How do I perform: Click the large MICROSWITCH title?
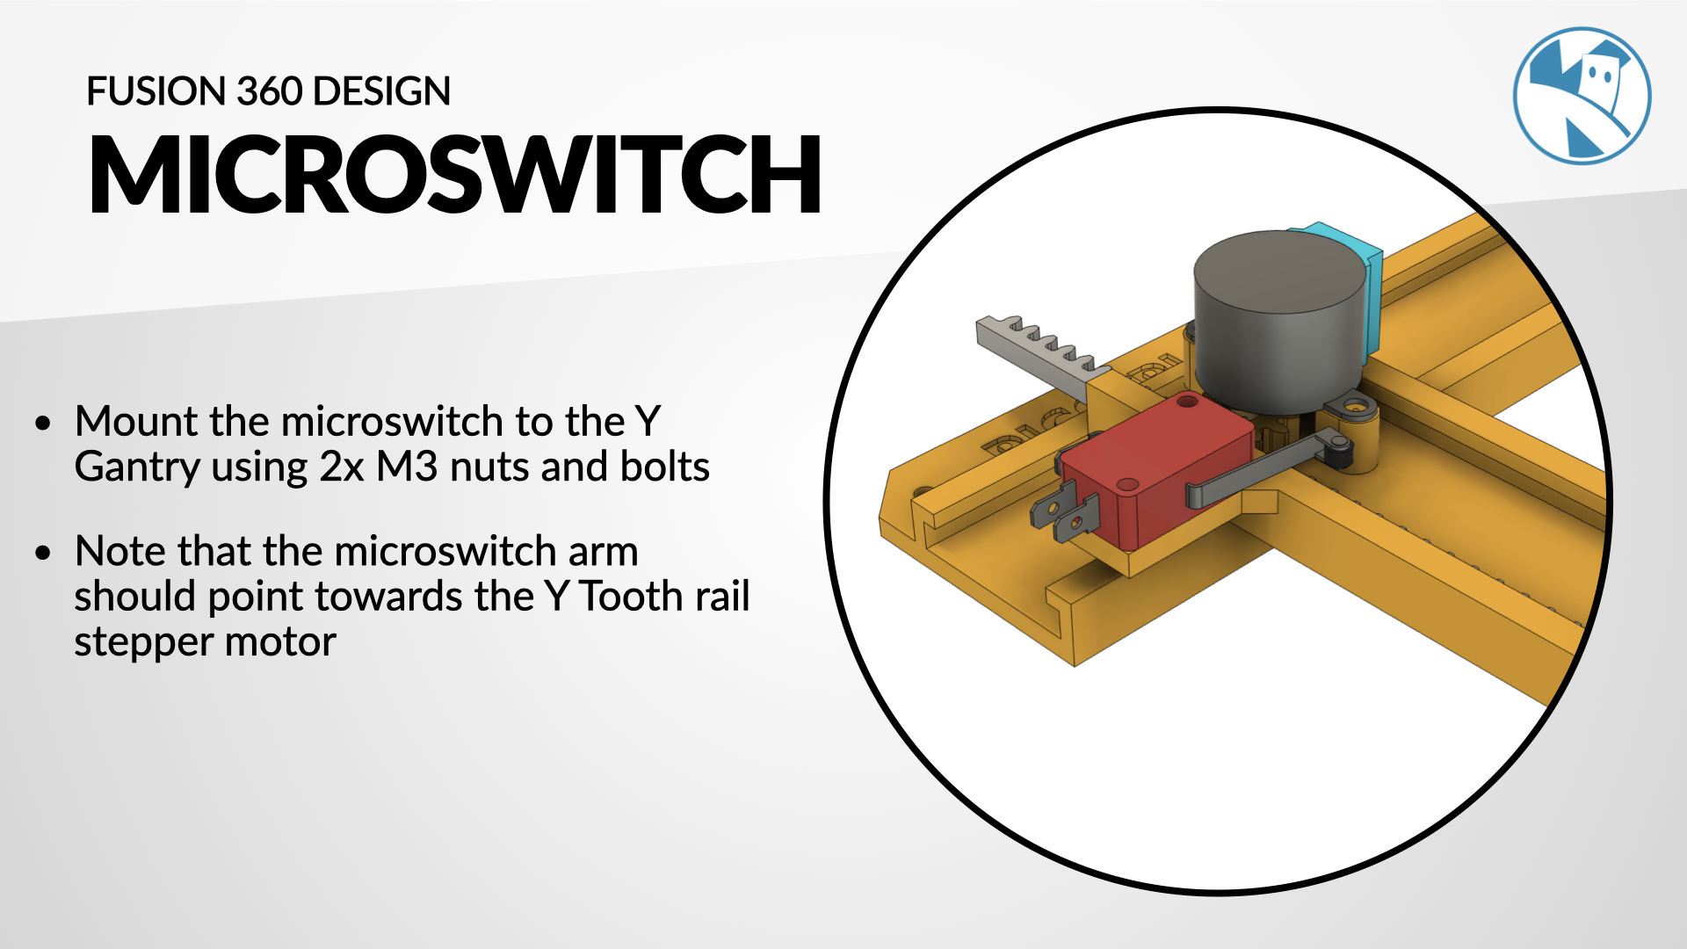[455, 174]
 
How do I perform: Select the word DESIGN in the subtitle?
[381, 91]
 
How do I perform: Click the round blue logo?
[1582, 96]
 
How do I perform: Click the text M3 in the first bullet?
[407, 467]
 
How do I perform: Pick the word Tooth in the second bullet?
[631, 597]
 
